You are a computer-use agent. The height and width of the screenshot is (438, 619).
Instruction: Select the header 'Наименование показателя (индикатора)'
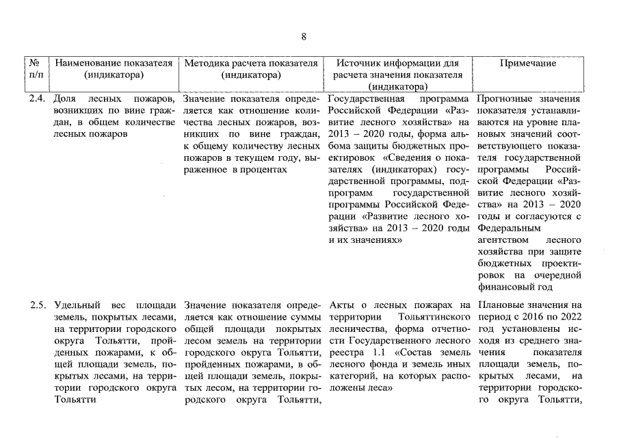[114, 68]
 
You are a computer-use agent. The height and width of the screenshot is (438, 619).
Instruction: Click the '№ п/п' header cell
[37, 68]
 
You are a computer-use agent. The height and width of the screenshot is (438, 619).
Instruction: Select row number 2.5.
[37, 305]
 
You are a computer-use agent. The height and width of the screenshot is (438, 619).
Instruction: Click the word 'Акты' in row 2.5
[340, 305]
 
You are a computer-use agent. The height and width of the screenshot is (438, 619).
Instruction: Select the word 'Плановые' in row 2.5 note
[501, 305]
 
